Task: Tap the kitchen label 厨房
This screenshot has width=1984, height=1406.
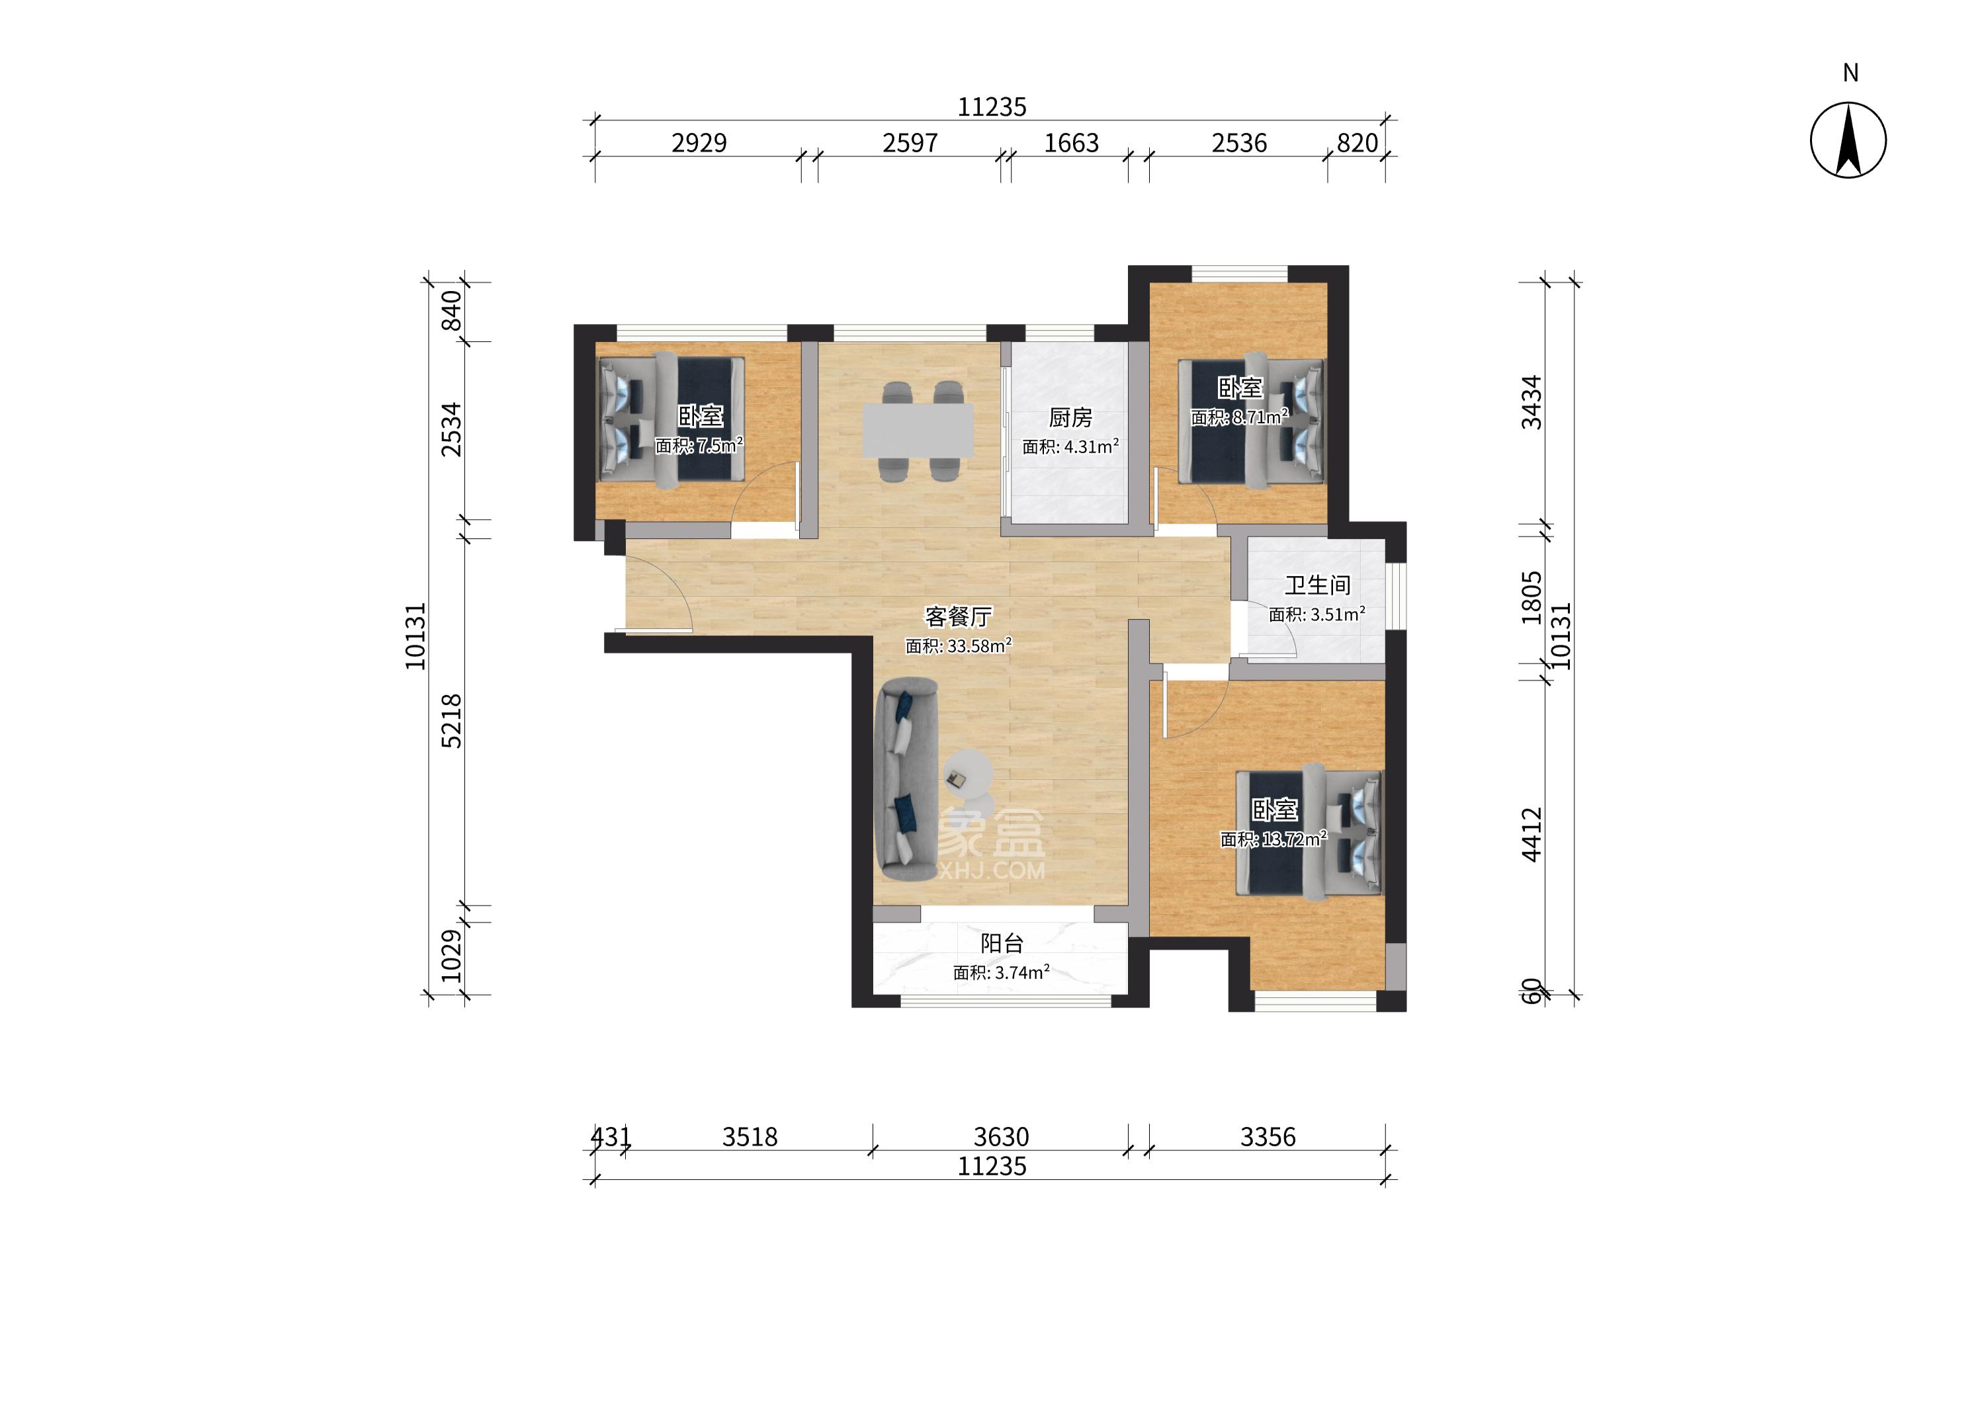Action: pyautogui.click(x=1070, y=418)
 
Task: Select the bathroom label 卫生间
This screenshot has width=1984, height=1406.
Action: pyautogui.click(x=1317, y=586)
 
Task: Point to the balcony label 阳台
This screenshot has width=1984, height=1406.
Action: pyautogui.click(x=1002, y=944)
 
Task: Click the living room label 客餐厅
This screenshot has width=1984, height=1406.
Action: pyautogui.click(x=959, y=617)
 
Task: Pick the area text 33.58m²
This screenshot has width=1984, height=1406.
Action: pyautogui.click(x=978, y=646)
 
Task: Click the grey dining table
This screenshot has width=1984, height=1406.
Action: pyautogui.click(x=917, y=431)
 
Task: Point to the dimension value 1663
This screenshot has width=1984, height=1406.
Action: pyautogui.click(x=1071, y=143)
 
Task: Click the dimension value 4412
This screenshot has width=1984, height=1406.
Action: pyautogui.click(x=1532, y=835)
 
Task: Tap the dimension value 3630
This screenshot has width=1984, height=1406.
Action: pyautogui.click(x=1001, y=1137)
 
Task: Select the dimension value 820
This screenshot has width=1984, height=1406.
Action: pyautogui.click(x=1357, y=143)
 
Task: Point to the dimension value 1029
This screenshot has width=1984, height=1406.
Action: pyautogui.click(x=451, y=956)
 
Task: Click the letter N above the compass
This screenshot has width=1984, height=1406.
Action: pyautogui.click(x=1850, y=73)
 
